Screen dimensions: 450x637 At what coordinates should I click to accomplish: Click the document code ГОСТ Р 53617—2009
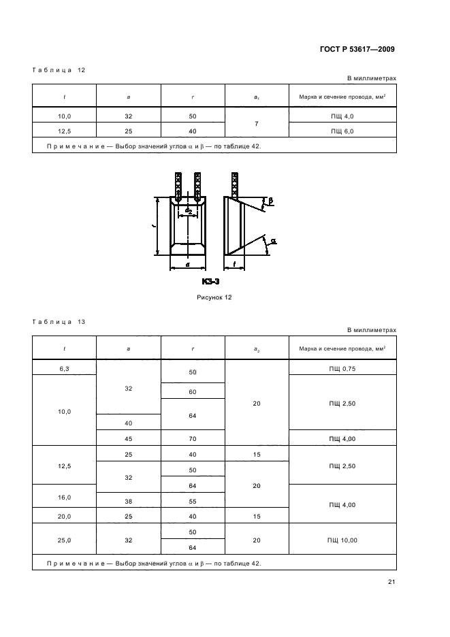coord(357,49)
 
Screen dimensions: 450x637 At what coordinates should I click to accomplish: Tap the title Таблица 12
coord(59,70)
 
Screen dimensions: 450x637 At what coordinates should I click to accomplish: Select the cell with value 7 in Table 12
coord(257,123)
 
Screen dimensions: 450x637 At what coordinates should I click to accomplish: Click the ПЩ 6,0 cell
coord(342,131)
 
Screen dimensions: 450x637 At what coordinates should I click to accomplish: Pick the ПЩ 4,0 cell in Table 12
coord(342,116)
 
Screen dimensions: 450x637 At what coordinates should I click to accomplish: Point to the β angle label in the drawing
coord(271,201)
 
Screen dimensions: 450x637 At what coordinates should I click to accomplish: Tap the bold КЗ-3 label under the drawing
coord(210,282)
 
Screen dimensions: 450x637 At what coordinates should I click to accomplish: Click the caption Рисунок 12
coord(214,297)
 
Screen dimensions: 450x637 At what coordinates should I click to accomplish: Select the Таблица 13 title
coord(59,322)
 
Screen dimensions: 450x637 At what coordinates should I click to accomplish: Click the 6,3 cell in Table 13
coord(64,368)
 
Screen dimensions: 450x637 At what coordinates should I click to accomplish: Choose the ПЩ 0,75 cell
coord(342,368)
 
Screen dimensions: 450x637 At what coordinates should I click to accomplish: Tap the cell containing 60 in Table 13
coord(193,391)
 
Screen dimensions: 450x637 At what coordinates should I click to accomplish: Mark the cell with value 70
coord(193,439)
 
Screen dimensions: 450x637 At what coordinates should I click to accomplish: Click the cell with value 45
coord(129,439)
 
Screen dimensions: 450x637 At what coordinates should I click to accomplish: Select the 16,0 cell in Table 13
coord(64,497)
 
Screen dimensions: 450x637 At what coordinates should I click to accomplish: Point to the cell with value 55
coord(193,502)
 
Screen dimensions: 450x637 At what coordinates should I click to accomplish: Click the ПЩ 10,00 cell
coord(342,540)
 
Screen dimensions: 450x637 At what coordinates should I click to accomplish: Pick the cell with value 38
coord(129,502)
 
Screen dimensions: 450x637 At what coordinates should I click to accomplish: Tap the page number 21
coord(391,582)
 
